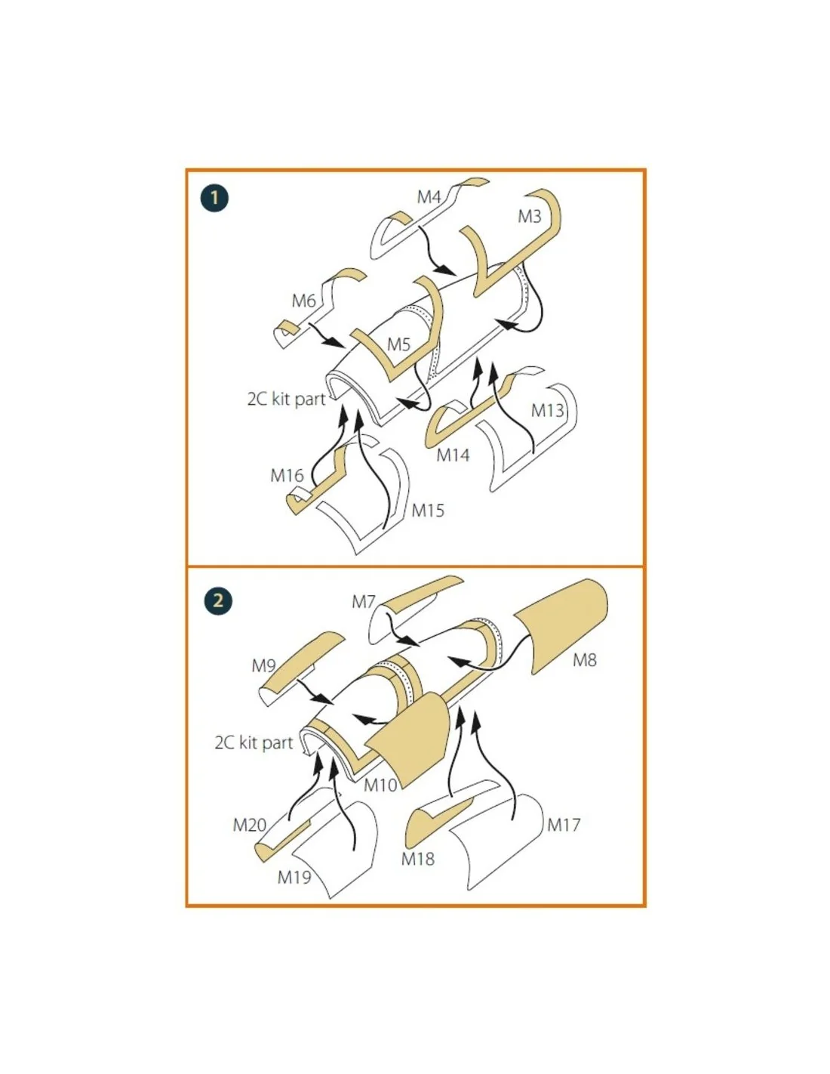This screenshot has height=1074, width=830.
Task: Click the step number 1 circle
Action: tap(214, 198)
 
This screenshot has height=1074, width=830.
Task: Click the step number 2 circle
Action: tap(218, 600)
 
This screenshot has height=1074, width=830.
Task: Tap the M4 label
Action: tap(429, 197)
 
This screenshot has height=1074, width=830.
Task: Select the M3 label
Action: tap(530, 217)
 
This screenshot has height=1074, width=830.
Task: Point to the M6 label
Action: tap(303, 301)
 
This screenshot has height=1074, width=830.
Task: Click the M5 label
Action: tap(399, 344)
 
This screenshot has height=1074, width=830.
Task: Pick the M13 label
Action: tap(547, 410)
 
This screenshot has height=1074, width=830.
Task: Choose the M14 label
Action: tap(453, 455)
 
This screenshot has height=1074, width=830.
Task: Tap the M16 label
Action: tap(287, 476)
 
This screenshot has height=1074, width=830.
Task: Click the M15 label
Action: tap(428, 510)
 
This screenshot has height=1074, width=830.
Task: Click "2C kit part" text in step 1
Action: tap(287, 400)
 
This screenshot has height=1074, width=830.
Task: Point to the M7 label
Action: tap(364, 602)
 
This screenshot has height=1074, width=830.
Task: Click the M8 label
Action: tap(585, 659)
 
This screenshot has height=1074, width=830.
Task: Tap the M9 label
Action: tap(263, 665)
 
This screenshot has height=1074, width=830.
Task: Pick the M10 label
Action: tap(380, 785)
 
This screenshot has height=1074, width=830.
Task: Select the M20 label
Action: tap(249, 825)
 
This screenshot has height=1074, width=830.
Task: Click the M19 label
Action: tap(294, 877)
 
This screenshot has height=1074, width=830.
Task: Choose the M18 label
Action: tap(418, 859)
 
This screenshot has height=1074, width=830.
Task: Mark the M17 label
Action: tap(564, 825)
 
